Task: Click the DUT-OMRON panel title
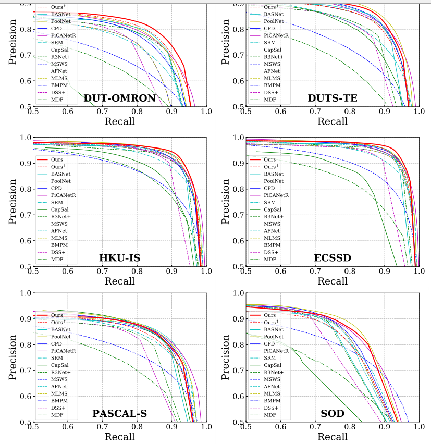point(120,98)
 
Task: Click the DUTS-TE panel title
point(332,98)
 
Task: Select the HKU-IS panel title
point(119,258)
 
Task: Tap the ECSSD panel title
point(333,258)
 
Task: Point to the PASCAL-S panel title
point(119,414)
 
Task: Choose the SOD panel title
point(333,414)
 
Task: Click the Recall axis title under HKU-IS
point(119,281)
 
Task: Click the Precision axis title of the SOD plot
point(226,357)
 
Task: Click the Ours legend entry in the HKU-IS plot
point(57,159)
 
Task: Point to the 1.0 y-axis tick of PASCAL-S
point(25,292)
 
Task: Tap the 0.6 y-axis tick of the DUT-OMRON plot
point(25,81)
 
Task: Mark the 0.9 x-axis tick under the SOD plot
point(385,427)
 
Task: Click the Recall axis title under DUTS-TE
point(333,121)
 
